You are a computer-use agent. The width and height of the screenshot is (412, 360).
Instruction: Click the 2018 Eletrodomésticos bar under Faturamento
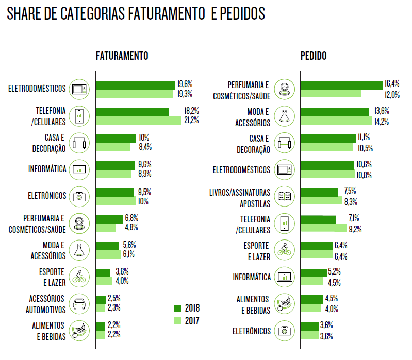click(x=135, y=84)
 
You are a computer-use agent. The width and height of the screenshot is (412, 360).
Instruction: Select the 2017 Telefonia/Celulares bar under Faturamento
click(x=139, y=121)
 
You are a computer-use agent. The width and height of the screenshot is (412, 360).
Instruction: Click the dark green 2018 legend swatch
click(x=178, y=308)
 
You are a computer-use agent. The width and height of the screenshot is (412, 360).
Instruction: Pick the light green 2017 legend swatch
click(x=178, y=321)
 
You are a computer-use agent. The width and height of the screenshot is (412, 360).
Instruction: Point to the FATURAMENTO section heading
click(x=122, y=56)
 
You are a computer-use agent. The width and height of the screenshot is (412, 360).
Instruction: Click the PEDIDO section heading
click(x=314, y=56)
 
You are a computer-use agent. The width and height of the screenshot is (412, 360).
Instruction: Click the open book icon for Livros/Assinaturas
click(x=284, y=196)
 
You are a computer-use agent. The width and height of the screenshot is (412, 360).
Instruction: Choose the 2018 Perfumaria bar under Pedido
click(x=341, y=84)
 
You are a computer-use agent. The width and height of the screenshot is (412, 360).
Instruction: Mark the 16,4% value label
click(x=392, y=84)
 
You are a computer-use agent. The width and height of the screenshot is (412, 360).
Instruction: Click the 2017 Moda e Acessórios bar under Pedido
click(x=336, y=121)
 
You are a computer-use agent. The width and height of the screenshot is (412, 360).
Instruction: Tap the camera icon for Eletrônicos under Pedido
click(x=284, y=331)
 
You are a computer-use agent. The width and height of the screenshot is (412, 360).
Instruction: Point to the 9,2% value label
click(x=355, y=228)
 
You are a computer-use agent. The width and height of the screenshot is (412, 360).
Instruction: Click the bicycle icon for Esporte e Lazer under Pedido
click(x=284, y=250)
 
